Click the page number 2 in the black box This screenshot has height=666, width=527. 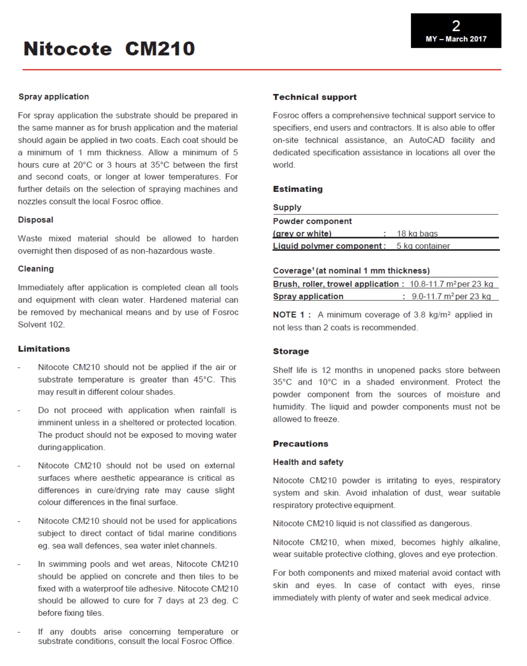(x=456, y=26)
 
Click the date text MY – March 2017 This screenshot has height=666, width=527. (x=456, y=39)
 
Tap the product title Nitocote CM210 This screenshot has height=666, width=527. (x=109, y=49)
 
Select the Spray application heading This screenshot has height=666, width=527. (x=54, y=97)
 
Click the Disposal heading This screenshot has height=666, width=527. (x=36, y=220)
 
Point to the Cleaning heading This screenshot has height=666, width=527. (x=36, y=269)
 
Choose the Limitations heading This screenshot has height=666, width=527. (x=44, y=349)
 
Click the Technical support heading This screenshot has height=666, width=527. (x=315, y=97)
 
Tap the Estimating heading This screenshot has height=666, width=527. (x=298, y=189)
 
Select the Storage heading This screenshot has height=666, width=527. (x=291, y=351)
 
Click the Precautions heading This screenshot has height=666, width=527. (x=300, y=444)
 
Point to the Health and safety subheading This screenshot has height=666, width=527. (x=308, y=462)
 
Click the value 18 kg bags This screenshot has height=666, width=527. (x=417, y=233)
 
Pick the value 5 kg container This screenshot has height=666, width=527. (x=423, y=246)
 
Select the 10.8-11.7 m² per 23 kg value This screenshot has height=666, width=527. (x=451, y=284)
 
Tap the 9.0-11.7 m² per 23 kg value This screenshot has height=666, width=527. (x=451, y=296)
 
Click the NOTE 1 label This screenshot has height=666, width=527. (x=289, y=315)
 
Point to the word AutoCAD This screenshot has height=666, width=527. (x=427, y=140)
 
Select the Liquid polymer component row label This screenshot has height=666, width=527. (x=329, y=246)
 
